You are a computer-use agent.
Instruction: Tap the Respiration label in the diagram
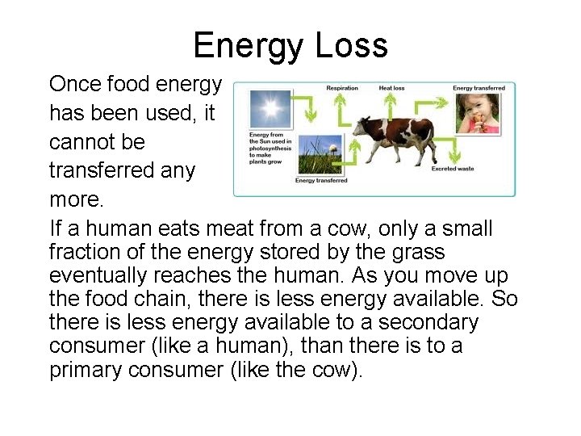pyautogui.click(x=342, y=88)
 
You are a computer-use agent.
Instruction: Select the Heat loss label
pyautogui.click(x=391, y=88)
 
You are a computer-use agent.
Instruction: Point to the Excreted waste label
pyautogui.click(x=454, y=169)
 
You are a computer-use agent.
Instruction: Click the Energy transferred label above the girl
pyautogui.click(x=479, y=88)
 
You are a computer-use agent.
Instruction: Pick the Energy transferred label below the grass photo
pyautogui.click(x=320, y=181)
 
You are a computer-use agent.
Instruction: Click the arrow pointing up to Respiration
pyautogui.click(x=341, y=107)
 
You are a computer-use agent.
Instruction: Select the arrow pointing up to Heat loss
pyautogui.click(x=391, y=105)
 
